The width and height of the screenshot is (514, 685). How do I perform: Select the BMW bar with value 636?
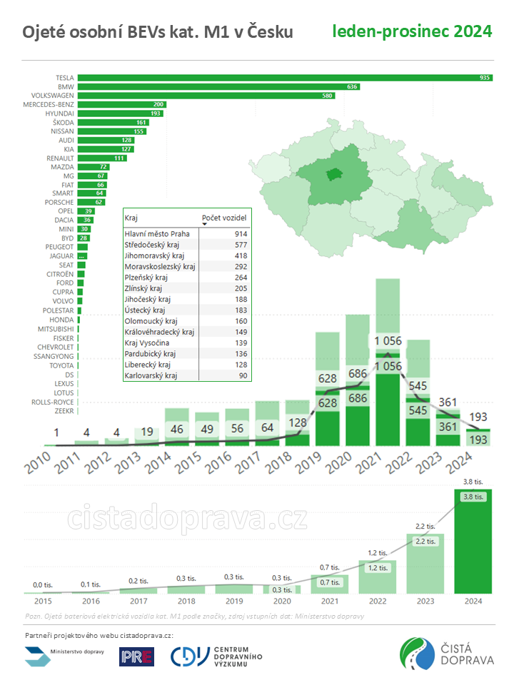218,86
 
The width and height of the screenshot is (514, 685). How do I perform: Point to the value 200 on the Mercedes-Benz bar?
158,104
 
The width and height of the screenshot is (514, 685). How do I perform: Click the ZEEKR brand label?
64,411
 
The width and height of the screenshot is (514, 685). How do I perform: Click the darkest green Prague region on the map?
333,175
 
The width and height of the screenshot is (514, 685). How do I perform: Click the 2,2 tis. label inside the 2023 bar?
425,542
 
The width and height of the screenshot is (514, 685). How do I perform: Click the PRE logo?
136,656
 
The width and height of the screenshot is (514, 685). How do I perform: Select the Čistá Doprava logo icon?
417,655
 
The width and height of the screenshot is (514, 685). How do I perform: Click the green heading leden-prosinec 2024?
412,31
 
